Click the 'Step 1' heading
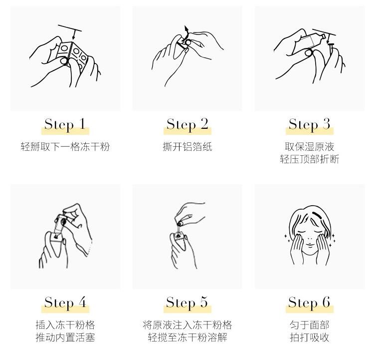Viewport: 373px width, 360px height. coord(65,124)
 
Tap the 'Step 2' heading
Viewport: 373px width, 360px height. coord(187,124)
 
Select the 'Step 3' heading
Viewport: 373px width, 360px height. coord(309,124)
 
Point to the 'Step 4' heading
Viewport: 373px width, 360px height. coord(65,303)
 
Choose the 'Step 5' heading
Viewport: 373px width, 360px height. coord(187,303)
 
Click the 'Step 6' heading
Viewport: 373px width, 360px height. coord(309,303)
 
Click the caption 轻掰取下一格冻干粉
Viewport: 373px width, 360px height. coord(65,146)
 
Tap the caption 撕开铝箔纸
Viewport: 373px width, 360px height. coord(187,146)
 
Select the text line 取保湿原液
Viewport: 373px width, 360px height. coord(310,146)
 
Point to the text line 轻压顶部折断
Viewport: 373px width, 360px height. coord(310,159)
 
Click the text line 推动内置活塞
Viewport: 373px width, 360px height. coord(65,338)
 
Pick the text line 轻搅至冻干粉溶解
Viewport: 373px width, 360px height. coord(187,338)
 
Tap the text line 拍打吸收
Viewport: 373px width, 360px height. coord(310,338)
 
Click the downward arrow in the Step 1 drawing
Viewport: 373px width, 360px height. coord(74,34)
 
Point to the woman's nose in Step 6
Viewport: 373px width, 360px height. coord(310,238)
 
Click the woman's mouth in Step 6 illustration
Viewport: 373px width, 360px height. coord(310,245)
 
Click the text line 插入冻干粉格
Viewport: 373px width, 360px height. coord(65,325)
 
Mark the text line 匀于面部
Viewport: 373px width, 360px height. coord(310,325)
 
